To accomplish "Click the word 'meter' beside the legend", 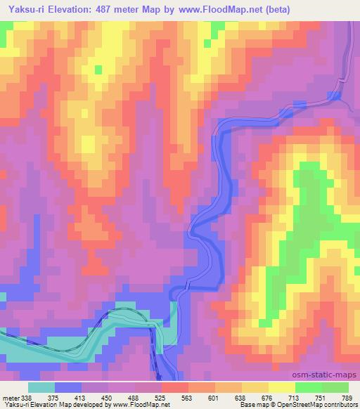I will (10, 398).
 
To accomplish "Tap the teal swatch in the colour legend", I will (41, 387).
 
